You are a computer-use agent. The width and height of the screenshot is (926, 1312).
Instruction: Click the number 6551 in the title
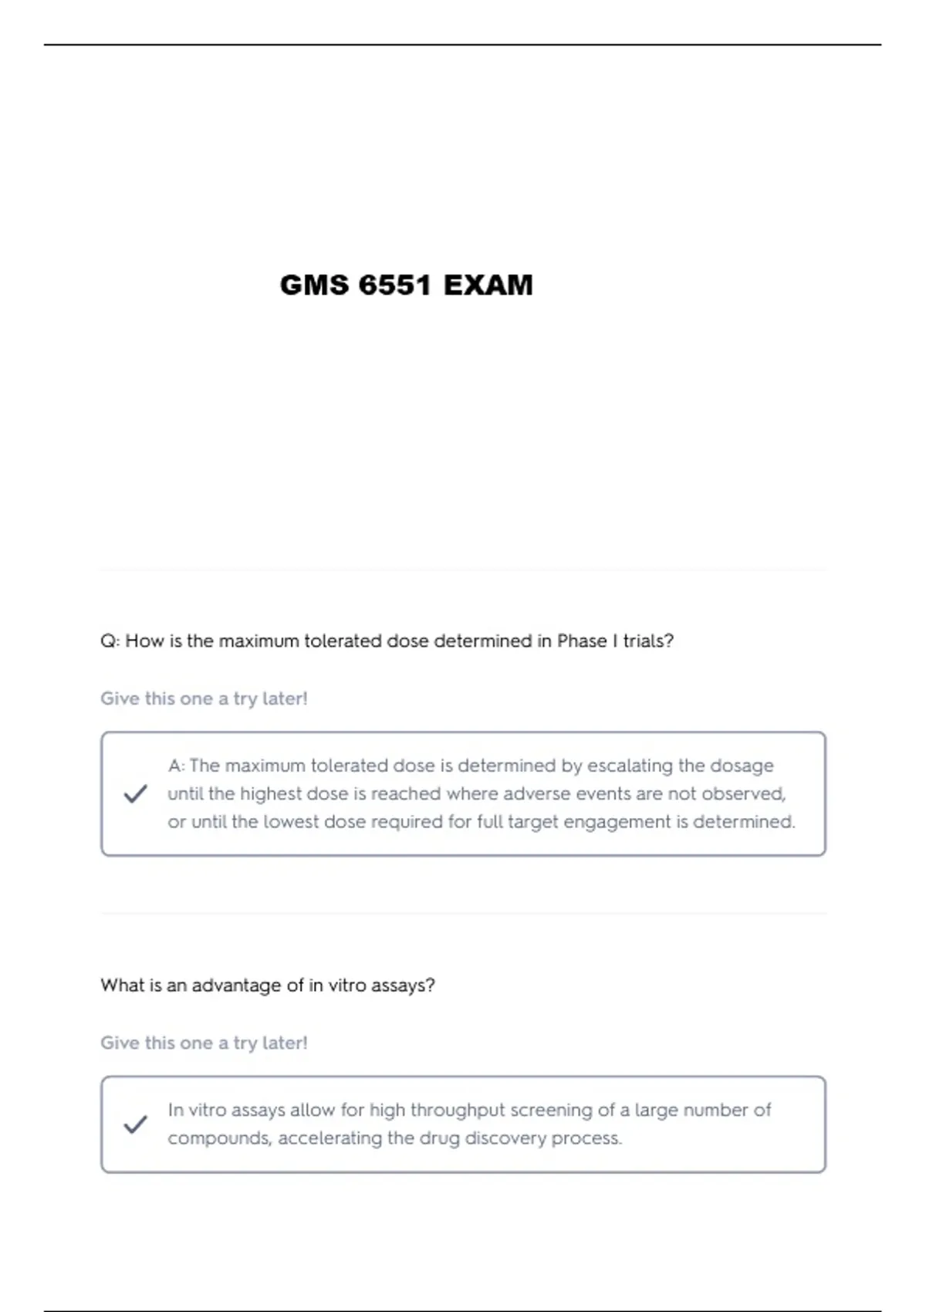click(394, 286)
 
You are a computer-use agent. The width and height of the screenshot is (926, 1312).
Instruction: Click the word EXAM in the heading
click(488, 286)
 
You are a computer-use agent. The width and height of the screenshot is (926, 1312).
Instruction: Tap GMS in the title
click(314, 286)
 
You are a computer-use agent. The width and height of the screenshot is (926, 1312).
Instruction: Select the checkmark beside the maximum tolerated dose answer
click(135, 793)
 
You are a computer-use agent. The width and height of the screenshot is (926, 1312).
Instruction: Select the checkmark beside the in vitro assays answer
click(135, 1124)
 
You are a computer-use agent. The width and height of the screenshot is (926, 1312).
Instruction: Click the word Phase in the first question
click(582, 641)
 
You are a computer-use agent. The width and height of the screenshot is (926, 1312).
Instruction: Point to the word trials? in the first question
click(648, 641)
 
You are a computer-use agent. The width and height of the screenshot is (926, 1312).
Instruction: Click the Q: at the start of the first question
click(110, 641)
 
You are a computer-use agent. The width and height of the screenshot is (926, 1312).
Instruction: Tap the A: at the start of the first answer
click(177, 766)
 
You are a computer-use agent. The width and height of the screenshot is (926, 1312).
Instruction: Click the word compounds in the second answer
click(219, 1138)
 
